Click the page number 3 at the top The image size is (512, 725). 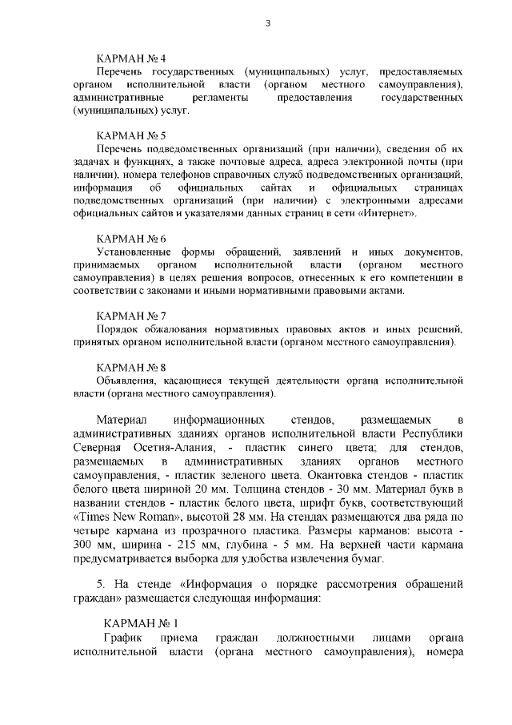pyautogui.click(x=267, y=23)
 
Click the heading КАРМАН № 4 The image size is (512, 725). pyautogui.click(x=130, y=59)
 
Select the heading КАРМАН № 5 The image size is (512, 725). pyautogui.click(x=130, y=135)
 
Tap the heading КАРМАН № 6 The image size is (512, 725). pyautogui.click(x=130, y=239)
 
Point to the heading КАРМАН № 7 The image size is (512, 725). pyautogui.click(x=130, y=316)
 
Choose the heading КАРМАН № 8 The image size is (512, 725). pyautogui.click(x=130, y=367)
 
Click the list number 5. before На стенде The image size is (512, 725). pyautogui.click(x=101, y=583)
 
